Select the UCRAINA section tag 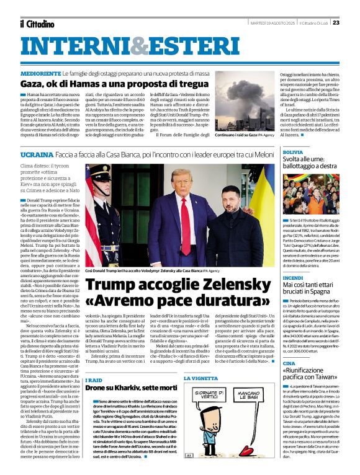[x=36, y=153]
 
